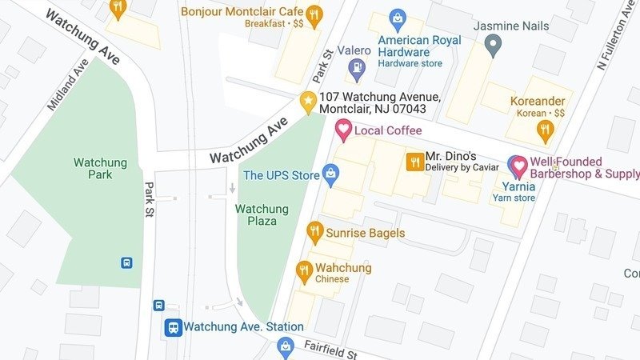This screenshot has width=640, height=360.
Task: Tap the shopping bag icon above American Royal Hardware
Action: pyautogui.click(x=396, y=18)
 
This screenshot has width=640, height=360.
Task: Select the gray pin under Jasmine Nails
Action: pyautogui.click(x=494, y=45)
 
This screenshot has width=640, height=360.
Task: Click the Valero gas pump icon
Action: pyautogui.click(x=354, y=70)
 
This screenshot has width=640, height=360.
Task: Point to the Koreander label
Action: pyautogui.click(x=537, y=102)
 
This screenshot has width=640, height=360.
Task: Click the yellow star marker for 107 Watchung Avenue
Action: pyautogui.click(x=307, y=102)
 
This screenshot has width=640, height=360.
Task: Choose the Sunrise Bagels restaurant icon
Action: pyautogui.click(x=314, y=233)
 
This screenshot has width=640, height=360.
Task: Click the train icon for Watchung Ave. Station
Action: pyautogui.click(x=172, y=327)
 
